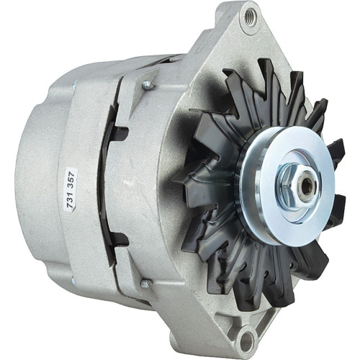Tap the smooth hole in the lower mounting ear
click(x=246, y=338)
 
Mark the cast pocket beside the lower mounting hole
click(x=216, y=317)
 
